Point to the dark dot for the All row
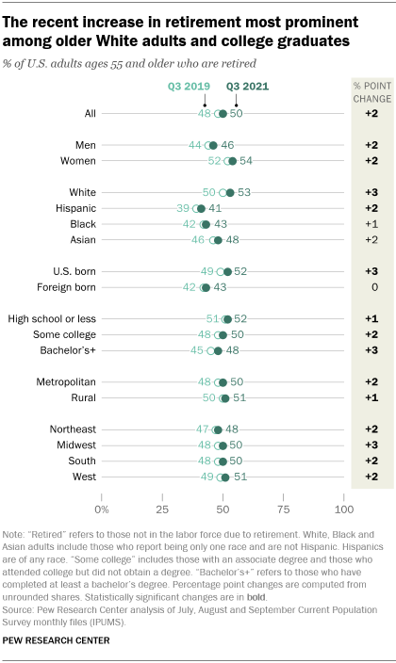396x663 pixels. click(x=223, y=113)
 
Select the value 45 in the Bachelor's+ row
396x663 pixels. click(x=198, y=350)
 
